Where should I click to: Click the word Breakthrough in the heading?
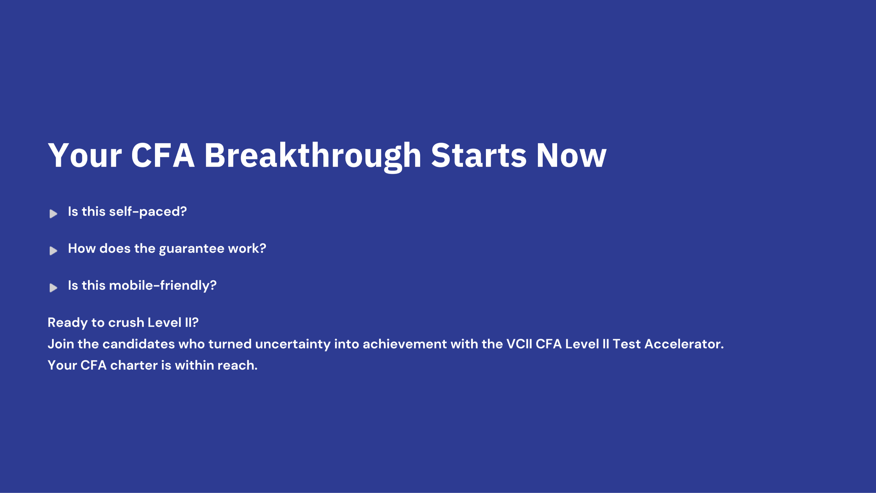(x=313, y=156)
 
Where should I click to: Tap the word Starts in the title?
(x=478, y=156)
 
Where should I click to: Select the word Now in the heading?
(x=571, y=156)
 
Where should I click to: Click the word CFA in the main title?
(x=163, y=156)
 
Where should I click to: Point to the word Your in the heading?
(x=85, y=156)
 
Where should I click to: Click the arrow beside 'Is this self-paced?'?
(x=53, y=214)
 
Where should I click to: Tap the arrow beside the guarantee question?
(x=53, y=251)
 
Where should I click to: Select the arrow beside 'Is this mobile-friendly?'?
(x=53, y=288)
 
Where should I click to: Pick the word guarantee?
(x=192, y=249)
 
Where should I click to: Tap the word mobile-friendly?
(x=163, y=286)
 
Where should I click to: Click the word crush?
(x=126, y=323)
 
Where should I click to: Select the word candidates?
(x=139, y=344)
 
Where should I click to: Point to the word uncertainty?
(x=293, y=345)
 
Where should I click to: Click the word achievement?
(x=405, y=344)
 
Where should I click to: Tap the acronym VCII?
(x=519, y=344)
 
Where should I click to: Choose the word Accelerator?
(x=684, y=344)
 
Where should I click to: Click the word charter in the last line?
(x=134, y=366)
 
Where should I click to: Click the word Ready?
(x=68, y=323)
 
